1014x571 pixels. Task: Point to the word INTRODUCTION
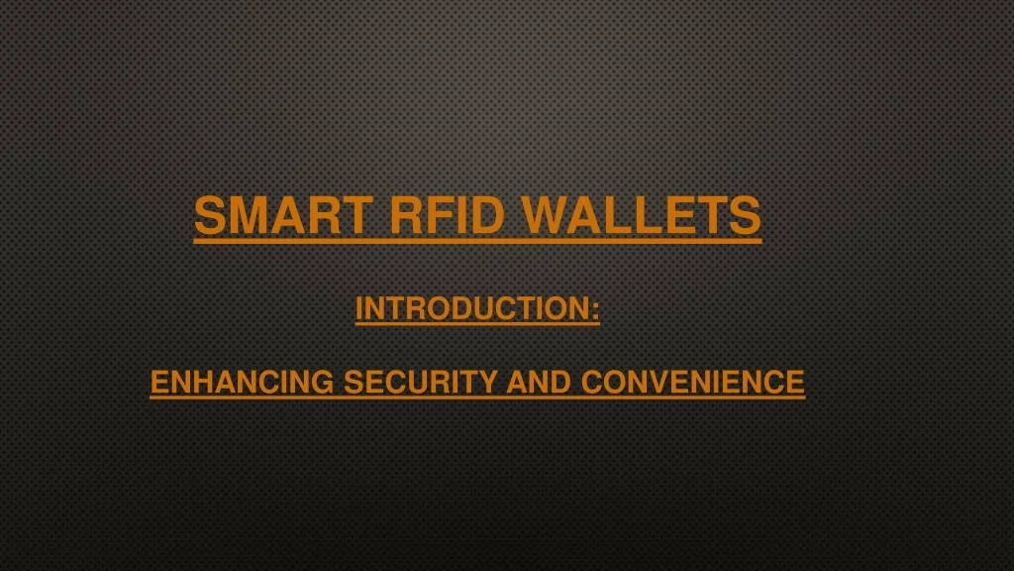472,309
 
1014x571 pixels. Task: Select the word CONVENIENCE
692,382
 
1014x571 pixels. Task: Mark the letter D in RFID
487,214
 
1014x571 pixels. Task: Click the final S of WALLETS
747,214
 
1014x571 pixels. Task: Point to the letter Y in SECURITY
490,382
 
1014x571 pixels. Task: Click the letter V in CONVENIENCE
656,382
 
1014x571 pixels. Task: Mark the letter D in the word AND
560,382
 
